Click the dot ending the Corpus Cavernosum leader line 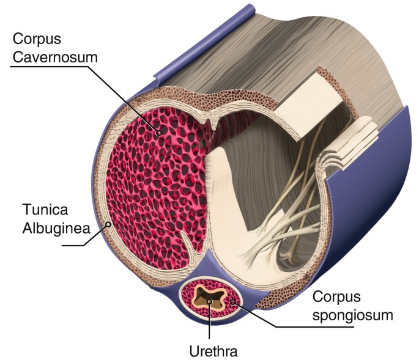(x=158, y=131)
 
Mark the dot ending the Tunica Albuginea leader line (x=109, y=225)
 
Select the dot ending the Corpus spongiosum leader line (x=231, y=302)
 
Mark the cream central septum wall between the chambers (x=226, y=202)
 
